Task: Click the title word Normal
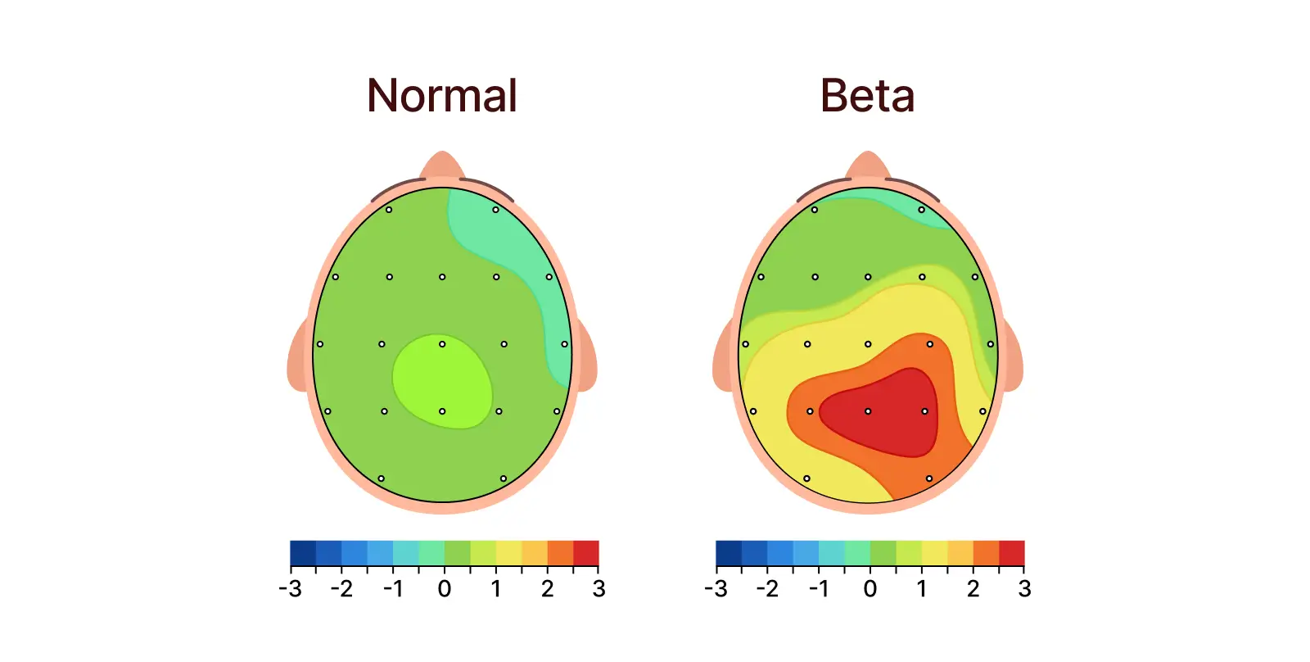[442, 96]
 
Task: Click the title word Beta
[867, 96]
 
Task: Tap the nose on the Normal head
[442, 164]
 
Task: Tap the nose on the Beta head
[868, 164]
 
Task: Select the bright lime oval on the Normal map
[442, 381]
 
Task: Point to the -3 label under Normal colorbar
[290, 588]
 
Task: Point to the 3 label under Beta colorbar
[1024, 588]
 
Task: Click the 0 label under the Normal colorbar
[444, 588]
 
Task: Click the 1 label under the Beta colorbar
[921, 588]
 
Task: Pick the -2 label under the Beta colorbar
[767, 588]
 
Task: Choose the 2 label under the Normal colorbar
[547, 588]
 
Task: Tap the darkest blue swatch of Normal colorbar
[303, 553]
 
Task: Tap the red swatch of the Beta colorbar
[1012, 553]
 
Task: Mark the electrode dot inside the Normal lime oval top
[442, 344]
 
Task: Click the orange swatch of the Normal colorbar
[560, 553]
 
